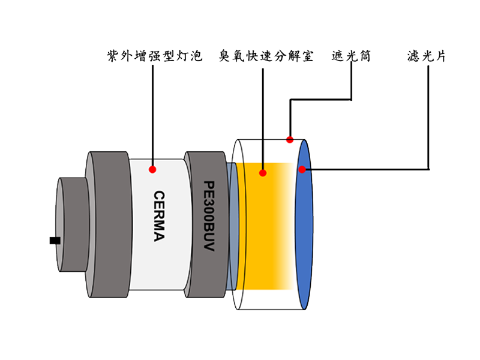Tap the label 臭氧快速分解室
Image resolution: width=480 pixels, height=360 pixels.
coord(266,58)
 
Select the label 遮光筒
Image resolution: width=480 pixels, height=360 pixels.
coord(351,58)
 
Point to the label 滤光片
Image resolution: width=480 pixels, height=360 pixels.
coord(426,58)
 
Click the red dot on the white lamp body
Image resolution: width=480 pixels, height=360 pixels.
coord(152,169)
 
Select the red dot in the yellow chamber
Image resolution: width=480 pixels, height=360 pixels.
coord(262,173)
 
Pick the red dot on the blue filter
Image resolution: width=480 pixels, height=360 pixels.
coord(302,169)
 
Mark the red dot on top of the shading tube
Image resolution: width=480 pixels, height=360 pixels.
coord(290,140)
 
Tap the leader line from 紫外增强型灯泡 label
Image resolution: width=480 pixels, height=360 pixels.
coord(153,114)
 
